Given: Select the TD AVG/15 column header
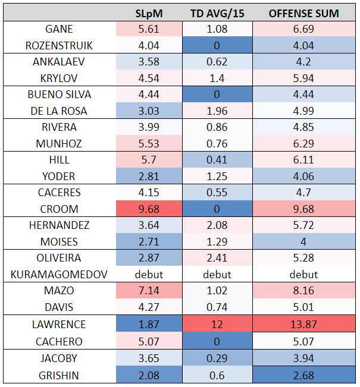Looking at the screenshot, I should pos(217,13).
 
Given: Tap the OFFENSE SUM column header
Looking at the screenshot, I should pos(303,13).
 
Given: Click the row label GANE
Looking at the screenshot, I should pos(60,29).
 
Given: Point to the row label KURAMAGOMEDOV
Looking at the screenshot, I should pos(60,275).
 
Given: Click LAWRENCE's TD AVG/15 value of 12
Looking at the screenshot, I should pos(217,324).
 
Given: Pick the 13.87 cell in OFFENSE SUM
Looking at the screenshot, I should pos(303,324).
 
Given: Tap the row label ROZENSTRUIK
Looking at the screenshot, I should pos(60,46).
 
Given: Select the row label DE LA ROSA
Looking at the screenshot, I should pos(60,111).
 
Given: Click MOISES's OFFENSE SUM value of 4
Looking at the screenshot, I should pos(303,242).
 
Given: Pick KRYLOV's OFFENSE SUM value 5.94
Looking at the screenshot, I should pos(303,78).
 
